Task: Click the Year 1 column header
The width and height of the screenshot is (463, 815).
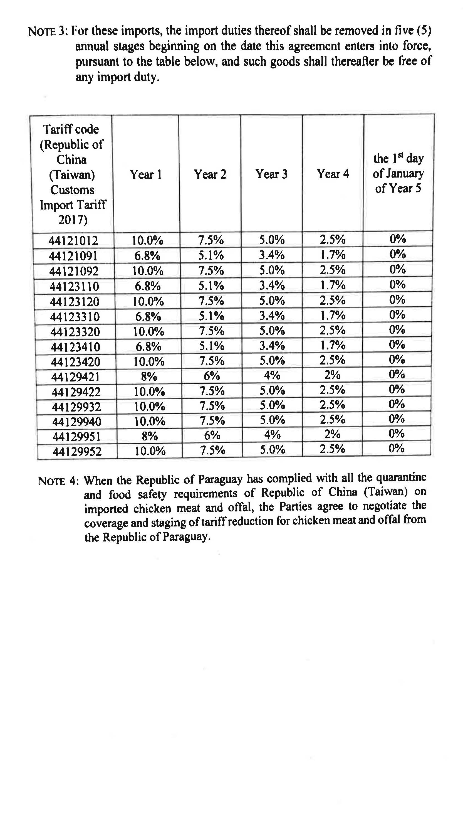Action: pyautogui.click(x=146, y=174)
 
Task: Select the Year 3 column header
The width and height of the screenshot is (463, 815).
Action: pyautogui.click(x=271, y=174)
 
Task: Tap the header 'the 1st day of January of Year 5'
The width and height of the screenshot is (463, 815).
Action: pyautogui.click(x=398, y=173)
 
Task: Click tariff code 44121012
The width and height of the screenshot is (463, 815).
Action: pyautogui.click(x=73, y=240)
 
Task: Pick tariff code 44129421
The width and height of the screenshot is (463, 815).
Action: pyautogui.click(x=75, y=377)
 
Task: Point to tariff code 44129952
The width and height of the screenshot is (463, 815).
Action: pyautogui.click(x=77, y=451)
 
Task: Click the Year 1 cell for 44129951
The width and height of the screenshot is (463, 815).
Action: pyautogui.click(x=149, y=436)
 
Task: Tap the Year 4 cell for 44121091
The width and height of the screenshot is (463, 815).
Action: pyautogui.click(x=333, y=255)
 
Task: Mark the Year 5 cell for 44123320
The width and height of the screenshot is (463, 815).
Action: pyautogui.click(x=397, y=330)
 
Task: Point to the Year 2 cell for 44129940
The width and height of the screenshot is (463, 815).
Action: pyautogui.click(x=212, y=420)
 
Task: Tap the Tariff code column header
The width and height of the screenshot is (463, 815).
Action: pyautogui.click(x=72, y=174)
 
